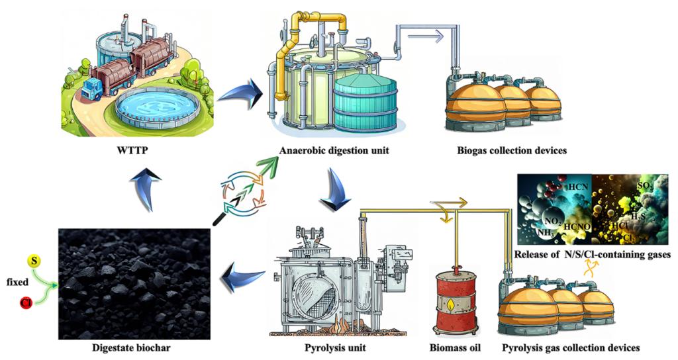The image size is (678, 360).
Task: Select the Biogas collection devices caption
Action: point(512,150)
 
